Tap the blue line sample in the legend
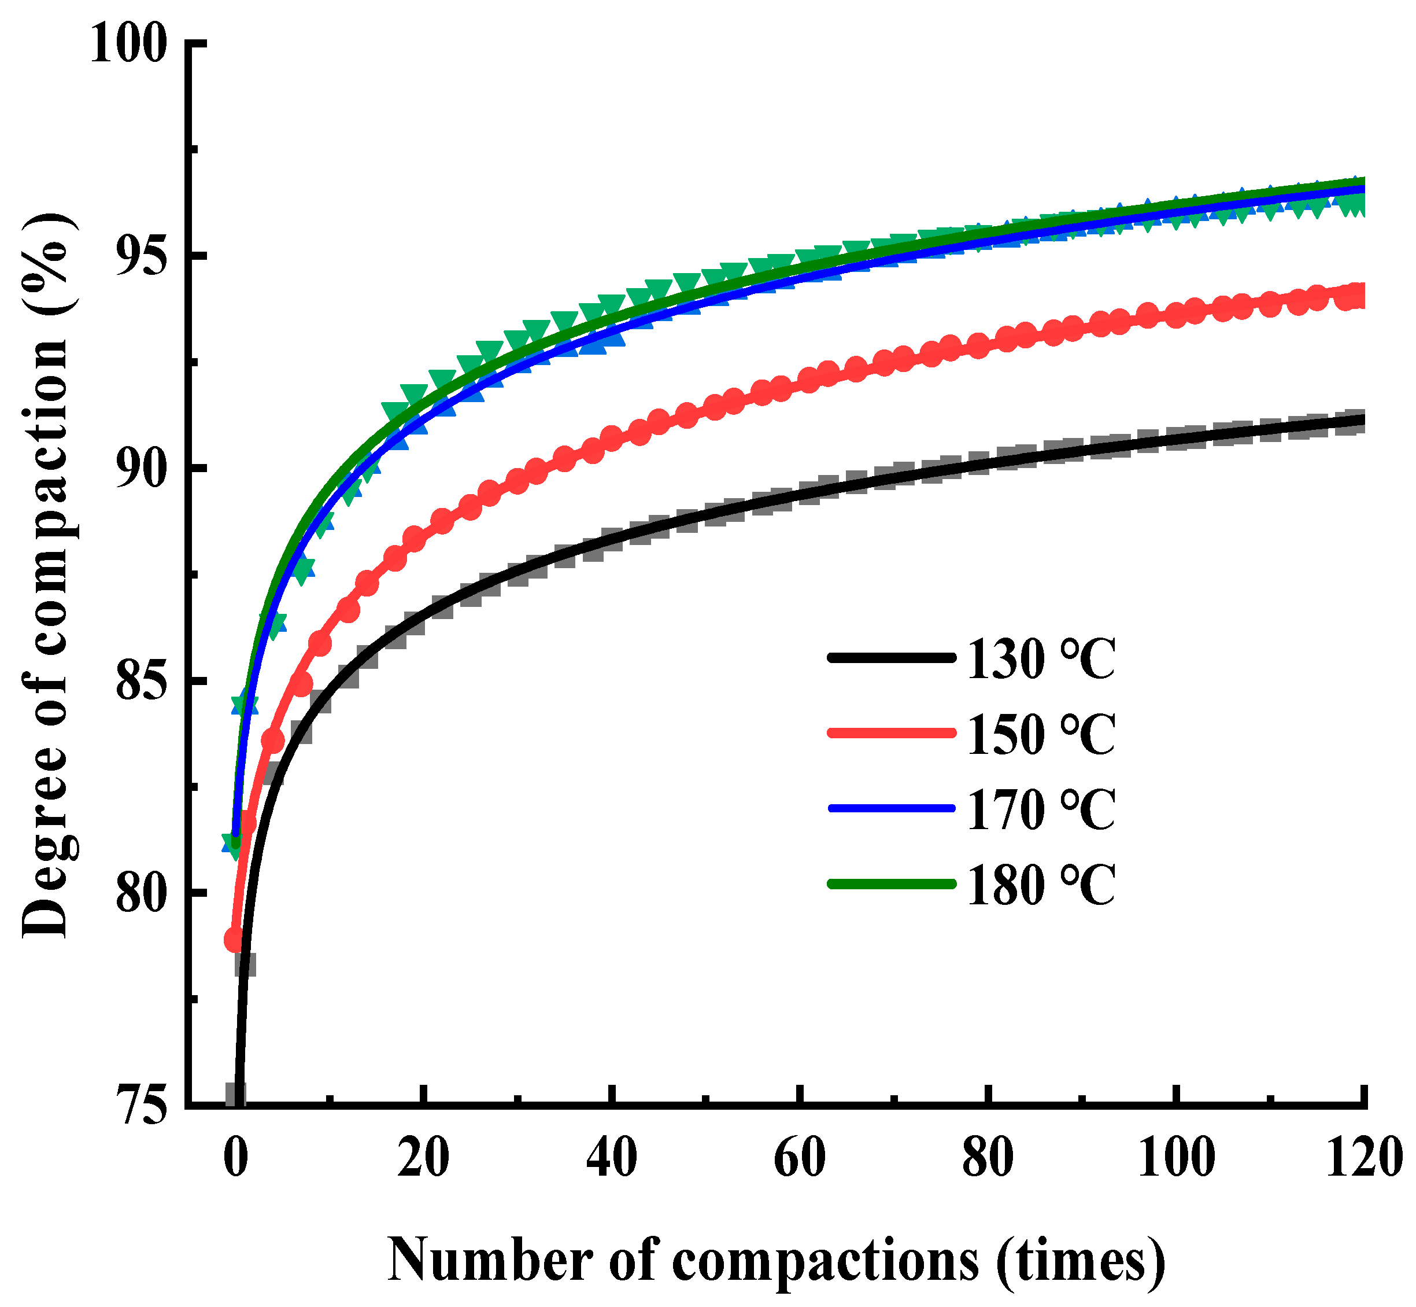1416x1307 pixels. click(891, 808)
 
